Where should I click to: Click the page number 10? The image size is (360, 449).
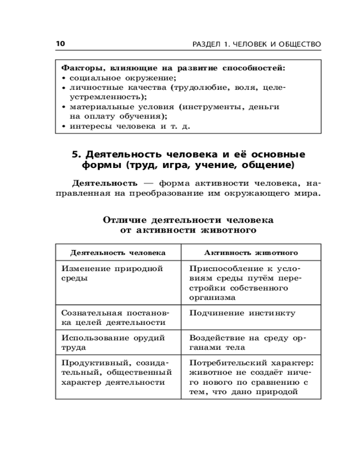click(x=60, y=44)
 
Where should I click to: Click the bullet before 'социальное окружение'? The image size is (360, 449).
click(x=64, y=78)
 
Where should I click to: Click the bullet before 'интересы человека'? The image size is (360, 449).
click(x=64, y=126)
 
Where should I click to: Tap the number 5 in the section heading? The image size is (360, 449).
click(x=76, y=154)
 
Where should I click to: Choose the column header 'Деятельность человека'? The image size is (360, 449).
click(x=118, y=253)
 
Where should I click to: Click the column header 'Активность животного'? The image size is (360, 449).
click(x=251, y=253)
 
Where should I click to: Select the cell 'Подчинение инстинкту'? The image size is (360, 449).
click(x=242, y=313)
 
